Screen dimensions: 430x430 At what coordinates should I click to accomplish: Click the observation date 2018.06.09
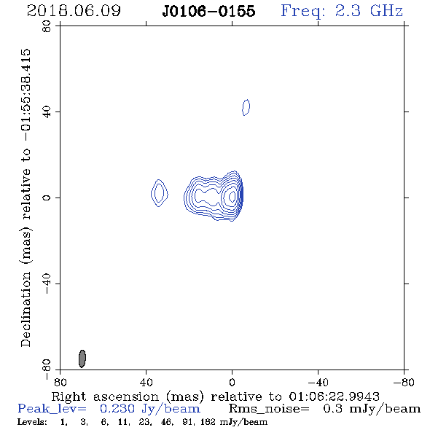tap(74, 11)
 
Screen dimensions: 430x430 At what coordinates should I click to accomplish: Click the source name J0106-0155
tap(208, 11)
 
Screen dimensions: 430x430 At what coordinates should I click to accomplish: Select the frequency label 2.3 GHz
tap(369, 11)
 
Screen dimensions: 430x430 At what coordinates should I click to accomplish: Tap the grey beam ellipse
tap(82, 359)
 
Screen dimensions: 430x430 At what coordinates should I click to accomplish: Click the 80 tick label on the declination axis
tap(47, 26)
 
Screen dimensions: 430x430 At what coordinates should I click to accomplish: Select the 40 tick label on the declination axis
tap(47, 112)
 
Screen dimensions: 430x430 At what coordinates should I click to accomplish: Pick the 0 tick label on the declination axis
tap(47, 198)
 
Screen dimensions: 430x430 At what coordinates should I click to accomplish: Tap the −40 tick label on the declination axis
tap(47, 284)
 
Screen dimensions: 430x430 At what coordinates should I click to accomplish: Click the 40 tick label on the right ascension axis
tap(146, 383)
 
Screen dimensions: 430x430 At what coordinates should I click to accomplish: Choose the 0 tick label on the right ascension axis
tap(232, 383)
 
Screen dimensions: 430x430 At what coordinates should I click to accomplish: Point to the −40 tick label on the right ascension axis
tap(318, 383)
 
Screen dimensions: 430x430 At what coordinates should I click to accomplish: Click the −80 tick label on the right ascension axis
tap(404, 383)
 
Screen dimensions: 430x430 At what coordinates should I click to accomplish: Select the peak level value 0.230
tap(117, 409)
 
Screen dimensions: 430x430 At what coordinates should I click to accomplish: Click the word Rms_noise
tap(269, 409)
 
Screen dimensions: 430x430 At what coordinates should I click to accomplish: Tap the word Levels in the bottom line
tap(32, 422)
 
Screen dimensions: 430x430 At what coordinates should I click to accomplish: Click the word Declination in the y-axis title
tap(26, 309)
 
